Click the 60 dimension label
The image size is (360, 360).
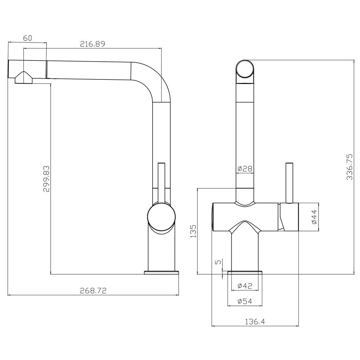click(x=27, y=38)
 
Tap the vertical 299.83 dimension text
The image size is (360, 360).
click(x=46, y=179)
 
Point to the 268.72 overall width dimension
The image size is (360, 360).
click(x=93, y=290)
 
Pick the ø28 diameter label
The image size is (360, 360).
click(x=245, y=169)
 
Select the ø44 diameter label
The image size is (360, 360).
click(x=314, y=217)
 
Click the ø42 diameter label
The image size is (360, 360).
click(x=245, y=286)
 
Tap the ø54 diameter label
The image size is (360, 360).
click(x=245, y=301)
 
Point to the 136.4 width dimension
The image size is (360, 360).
click(x=255, y=321)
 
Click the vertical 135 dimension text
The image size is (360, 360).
click(x=193, y=231)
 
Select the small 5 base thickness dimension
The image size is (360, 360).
click(x=218, y=262)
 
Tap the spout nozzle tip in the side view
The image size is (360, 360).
click(x=23, y=78)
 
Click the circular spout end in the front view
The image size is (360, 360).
click(x=245, y=69)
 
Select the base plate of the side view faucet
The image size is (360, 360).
click(x=161, y=272)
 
